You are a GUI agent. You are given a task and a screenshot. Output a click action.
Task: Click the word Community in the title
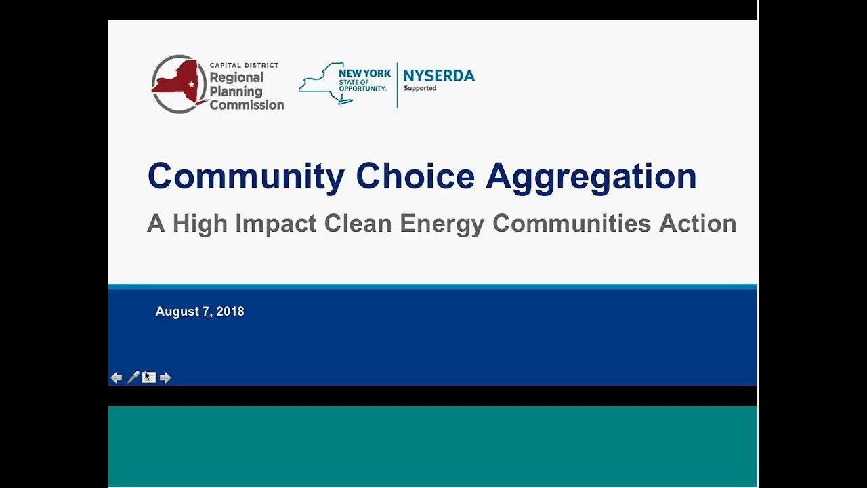(x=245, y=177)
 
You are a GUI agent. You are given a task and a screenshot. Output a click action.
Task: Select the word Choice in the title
(x=415, y=177)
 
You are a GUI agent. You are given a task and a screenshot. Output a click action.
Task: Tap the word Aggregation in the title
(x=591, y=177)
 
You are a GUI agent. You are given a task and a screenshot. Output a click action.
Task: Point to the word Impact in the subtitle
(x=276, y=224)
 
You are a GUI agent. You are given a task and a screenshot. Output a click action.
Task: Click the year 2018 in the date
(x=230, y=312)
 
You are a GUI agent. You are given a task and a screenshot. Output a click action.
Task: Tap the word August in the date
(x=178, y=312)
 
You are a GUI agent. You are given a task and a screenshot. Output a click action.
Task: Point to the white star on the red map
(x=192, y=84)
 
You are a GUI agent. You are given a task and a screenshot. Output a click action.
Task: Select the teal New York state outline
(x=323, y=83)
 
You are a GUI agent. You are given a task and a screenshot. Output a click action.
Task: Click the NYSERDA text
(x=439, y=76)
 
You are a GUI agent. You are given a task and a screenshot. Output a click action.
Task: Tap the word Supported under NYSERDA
(x=420, y=89)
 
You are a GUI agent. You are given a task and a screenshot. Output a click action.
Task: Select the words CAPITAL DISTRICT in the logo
(x=244, y=65)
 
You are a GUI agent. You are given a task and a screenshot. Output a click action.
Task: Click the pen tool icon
(x=133, y=378)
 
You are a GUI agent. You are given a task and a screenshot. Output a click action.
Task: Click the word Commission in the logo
(x=247, y=105)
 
